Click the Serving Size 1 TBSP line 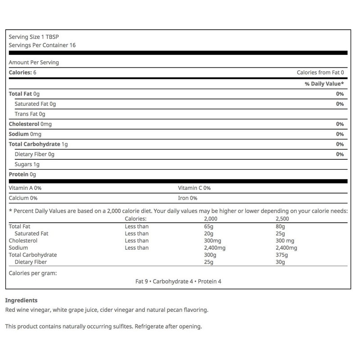(x=30, y=37)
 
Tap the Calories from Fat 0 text (x=320, y=72)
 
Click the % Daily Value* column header (x=324, y=84)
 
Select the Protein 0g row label (x=22, y=174)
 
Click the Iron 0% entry (x=188, y=198)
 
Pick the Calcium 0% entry (x=23, y=198)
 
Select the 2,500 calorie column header (x=283, y=219)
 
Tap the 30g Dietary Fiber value (x=280, y=261)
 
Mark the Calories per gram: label (x=32, y=272)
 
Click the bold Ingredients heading (x=21, y=300)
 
